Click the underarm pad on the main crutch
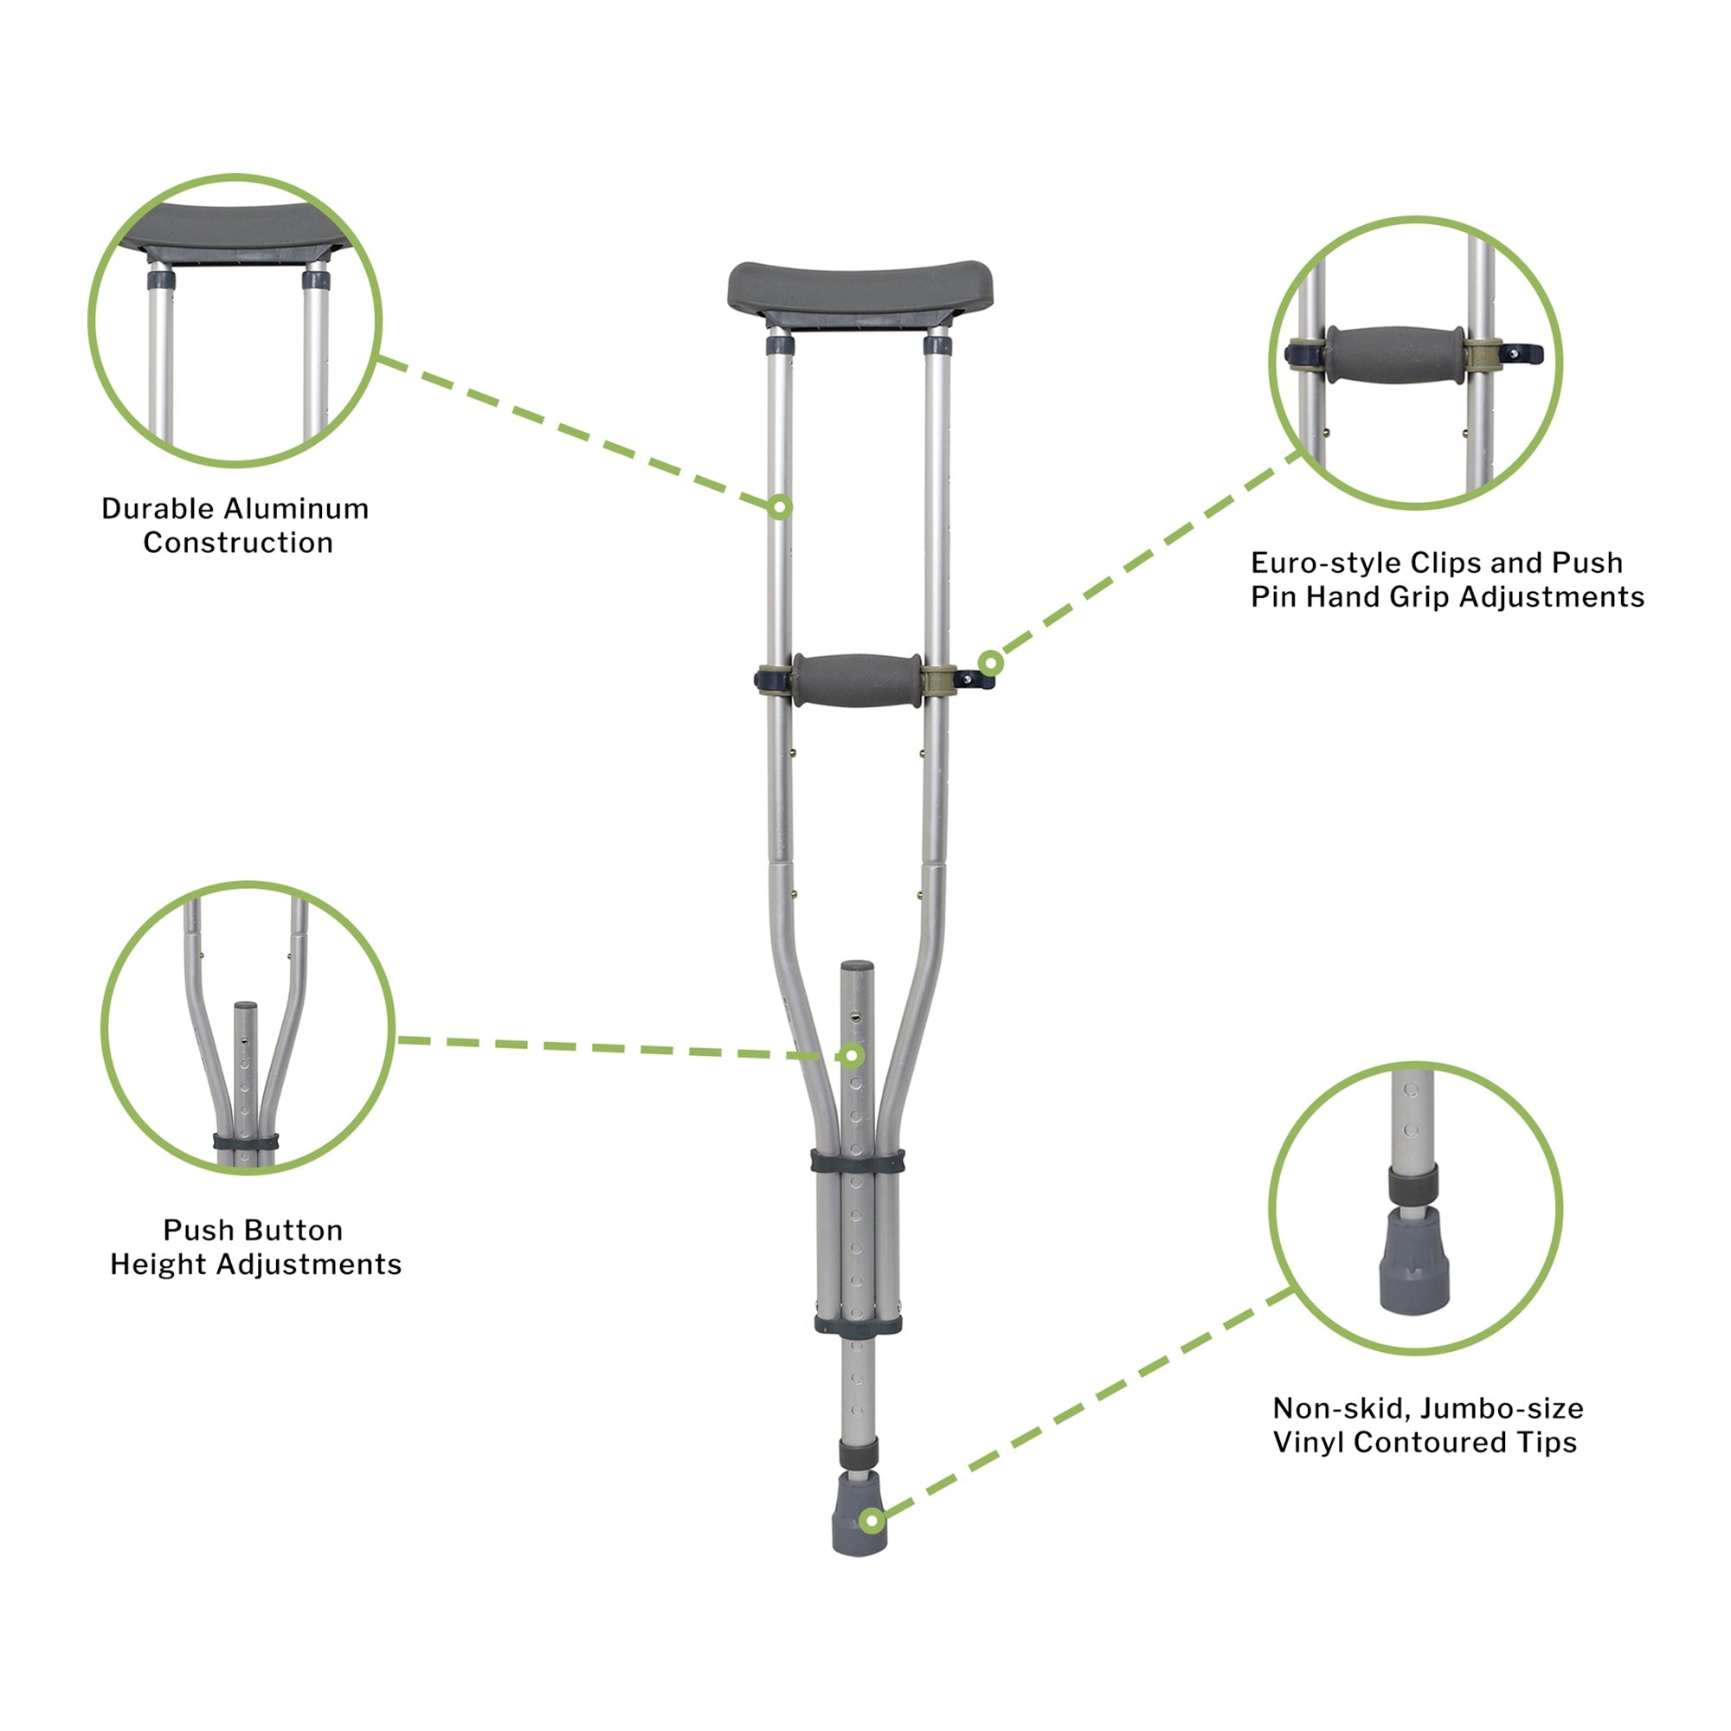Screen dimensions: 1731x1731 click(859, 289)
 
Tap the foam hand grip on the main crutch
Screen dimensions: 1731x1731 click(856, 680)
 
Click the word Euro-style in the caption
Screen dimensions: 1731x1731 click(1327, 563)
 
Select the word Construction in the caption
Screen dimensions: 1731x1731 click(237, 543)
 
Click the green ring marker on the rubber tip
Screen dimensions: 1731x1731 click(871, 1521)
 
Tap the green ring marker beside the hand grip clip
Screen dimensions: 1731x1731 click(990, 664)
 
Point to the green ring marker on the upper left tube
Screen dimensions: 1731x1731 click(781, 508)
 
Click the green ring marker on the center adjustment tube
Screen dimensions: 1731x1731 click(853, 1056)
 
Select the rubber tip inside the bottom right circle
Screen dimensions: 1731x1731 click(1413, 1258)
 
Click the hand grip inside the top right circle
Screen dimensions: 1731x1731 click(1395, 355)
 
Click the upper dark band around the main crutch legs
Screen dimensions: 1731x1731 click(858, 1162)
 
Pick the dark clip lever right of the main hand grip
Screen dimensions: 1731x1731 click(978, 680)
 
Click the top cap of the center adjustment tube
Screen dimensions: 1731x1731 click(857, 968)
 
